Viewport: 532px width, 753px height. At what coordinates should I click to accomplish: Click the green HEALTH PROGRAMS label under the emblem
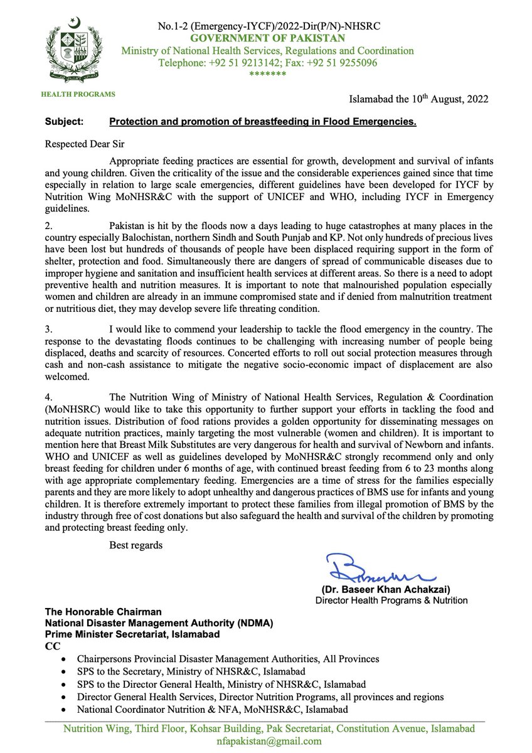(78, 94)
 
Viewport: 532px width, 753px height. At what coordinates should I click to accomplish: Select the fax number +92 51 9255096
(342, 63)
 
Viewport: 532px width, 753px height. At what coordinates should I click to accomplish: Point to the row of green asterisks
(267, 74)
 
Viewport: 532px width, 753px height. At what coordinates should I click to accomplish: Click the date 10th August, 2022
(447, 99)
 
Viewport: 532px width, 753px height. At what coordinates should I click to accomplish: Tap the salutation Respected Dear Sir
(85, 143)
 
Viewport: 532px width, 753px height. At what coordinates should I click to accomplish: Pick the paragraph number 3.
(49, 329)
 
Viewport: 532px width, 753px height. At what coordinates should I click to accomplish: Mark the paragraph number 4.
(49, 397)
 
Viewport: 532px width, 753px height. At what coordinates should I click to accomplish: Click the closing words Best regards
(136, 545)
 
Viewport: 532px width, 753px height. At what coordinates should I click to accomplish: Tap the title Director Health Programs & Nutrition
(391, 601)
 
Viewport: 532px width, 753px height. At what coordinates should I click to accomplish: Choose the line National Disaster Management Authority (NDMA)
(159, 623)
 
